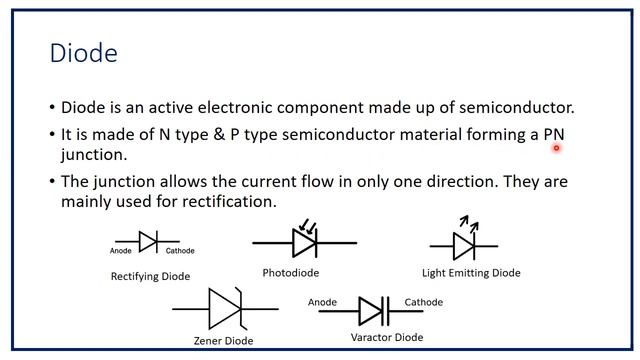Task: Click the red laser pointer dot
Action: point(556,148)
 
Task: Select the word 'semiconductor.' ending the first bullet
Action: point(519,107)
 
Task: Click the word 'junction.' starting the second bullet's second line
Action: point(95,155)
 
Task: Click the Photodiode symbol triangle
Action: point(304,242)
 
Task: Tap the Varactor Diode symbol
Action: point(372,311)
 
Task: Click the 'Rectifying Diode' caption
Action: point(150,276)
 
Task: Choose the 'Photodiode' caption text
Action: point(291,272)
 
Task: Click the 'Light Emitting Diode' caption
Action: point(471,272)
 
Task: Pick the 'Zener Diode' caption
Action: point(225,341)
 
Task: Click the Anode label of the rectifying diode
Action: point(121,251)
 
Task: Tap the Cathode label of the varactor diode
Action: point(423,302)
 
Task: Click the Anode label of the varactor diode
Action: point(322,302)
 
